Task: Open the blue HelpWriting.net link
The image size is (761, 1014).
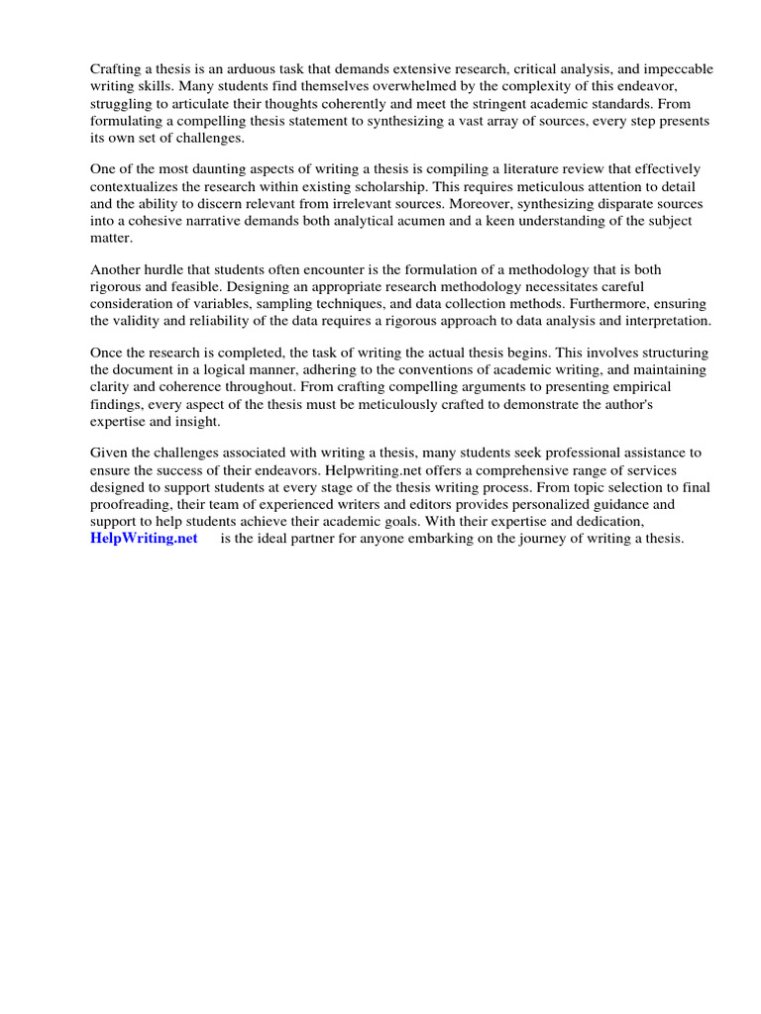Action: pyautogui.click(x=144, y=539)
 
